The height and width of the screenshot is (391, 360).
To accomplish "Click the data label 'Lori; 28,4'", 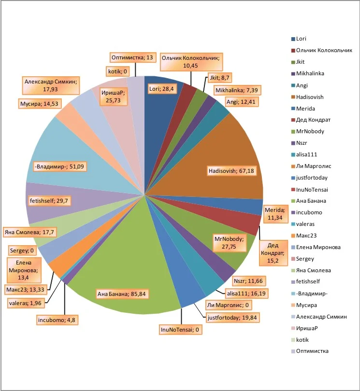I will (x=161, y=88).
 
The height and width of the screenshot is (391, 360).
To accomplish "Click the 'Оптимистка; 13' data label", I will (x=132, y=57).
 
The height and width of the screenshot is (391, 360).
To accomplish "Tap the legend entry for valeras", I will (x=305, y=224).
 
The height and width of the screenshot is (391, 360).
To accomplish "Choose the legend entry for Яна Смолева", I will (x=313, y=270).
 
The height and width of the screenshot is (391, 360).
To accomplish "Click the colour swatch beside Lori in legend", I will (x=293, y=39).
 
